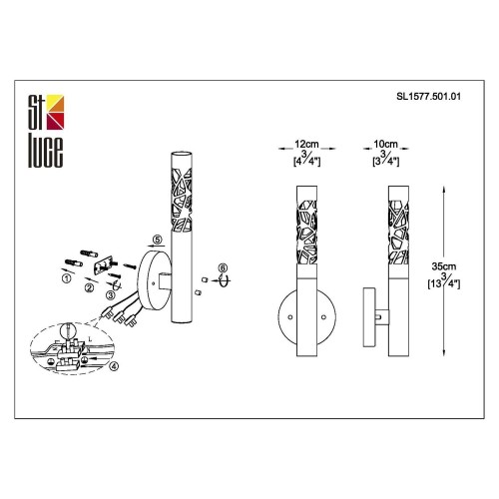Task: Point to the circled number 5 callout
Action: pos(156,241)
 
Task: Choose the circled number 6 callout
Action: pos(224,267)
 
